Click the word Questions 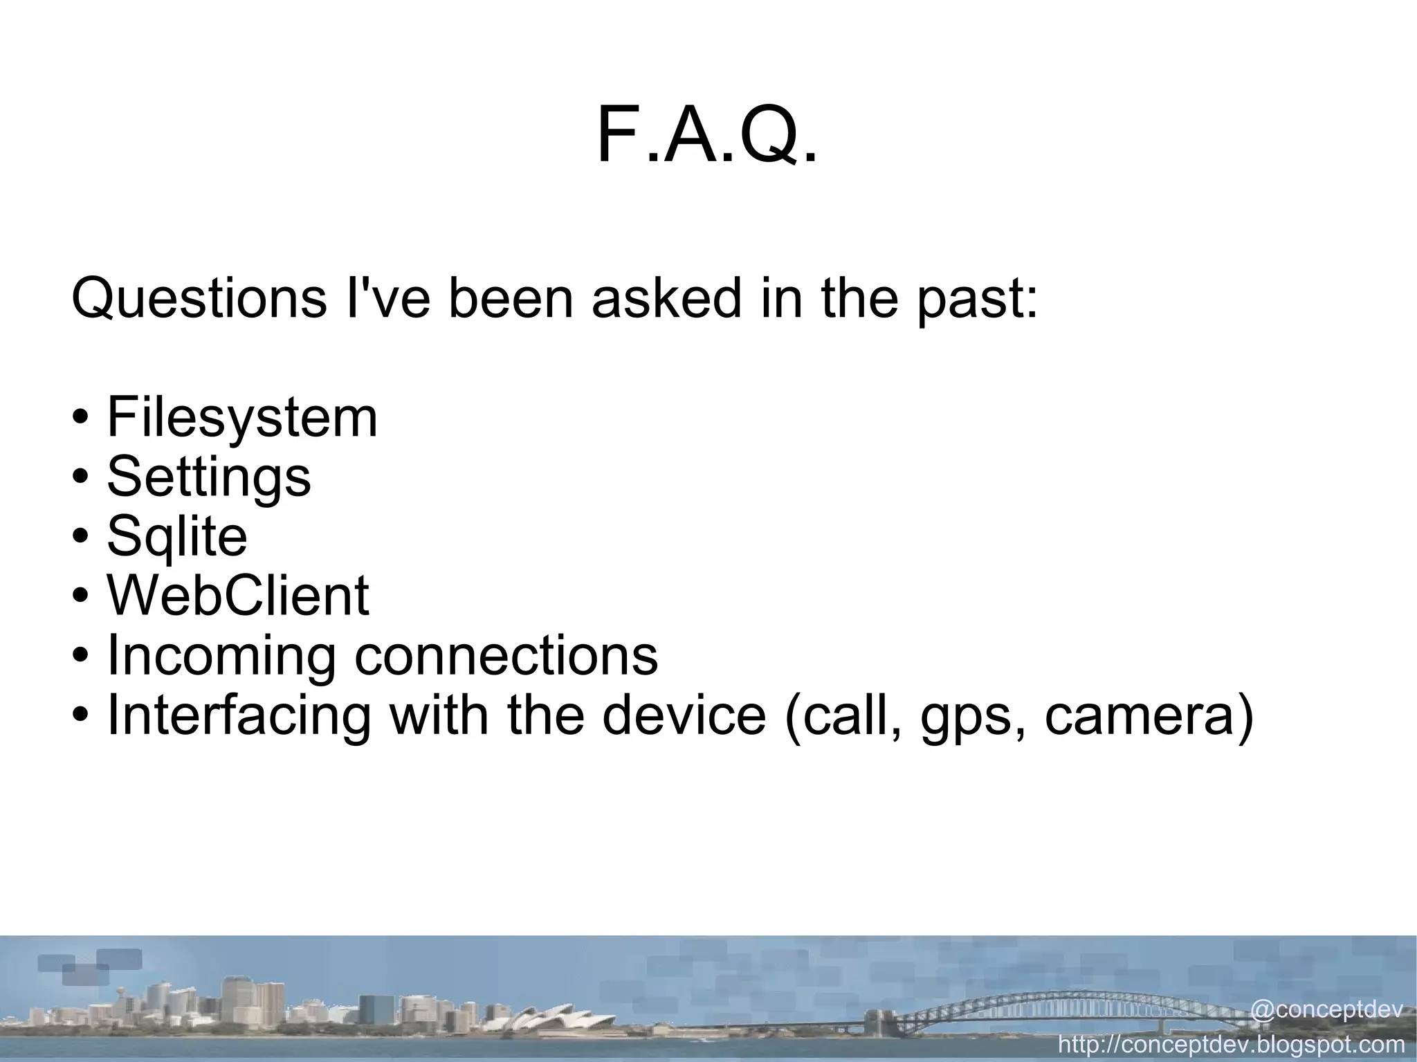point(199,299)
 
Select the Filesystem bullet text point(242,419)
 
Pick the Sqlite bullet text point(177,537)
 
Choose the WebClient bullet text point(238,596)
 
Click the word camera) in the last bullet point(1149,715)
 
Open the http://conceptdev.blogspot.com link point(1232,1043)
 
